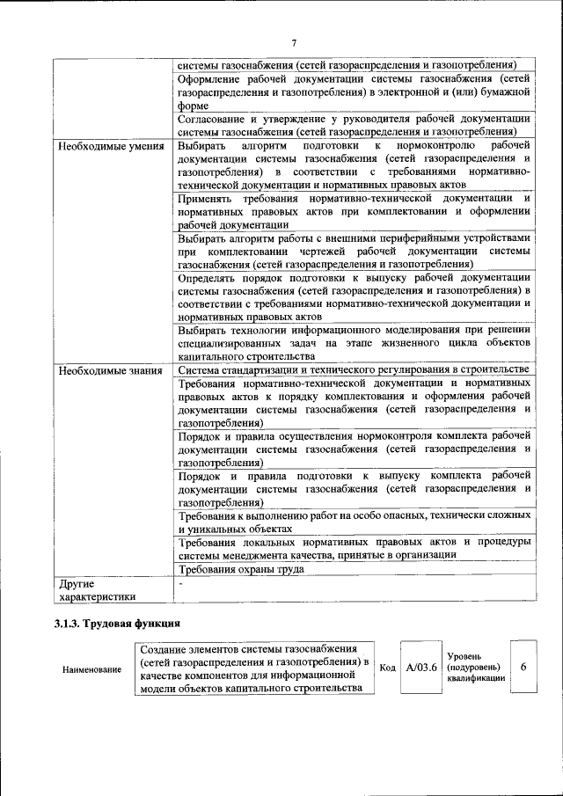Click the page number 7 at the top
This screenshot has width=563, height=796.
(x=294, y=42)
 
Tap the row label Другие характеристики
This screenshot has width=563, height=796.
(x=98, y=590)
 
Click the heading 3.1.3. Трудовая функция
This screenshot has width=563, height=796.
(x=117, y=624)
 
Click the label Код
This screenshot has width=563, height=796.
(x=387, y=668)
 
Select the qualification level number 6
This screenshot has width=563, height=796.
(x=523, y=668)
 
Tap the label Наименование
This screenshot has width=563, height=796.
(x=91, y=669)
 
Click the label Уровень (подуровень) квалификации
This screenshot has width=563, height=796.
(x=475, y=668)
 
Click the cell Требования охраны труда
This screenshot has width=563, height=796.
(x=241, y=569)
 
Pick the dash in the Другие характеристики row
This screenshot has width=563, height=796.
(x=180, y=583)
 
